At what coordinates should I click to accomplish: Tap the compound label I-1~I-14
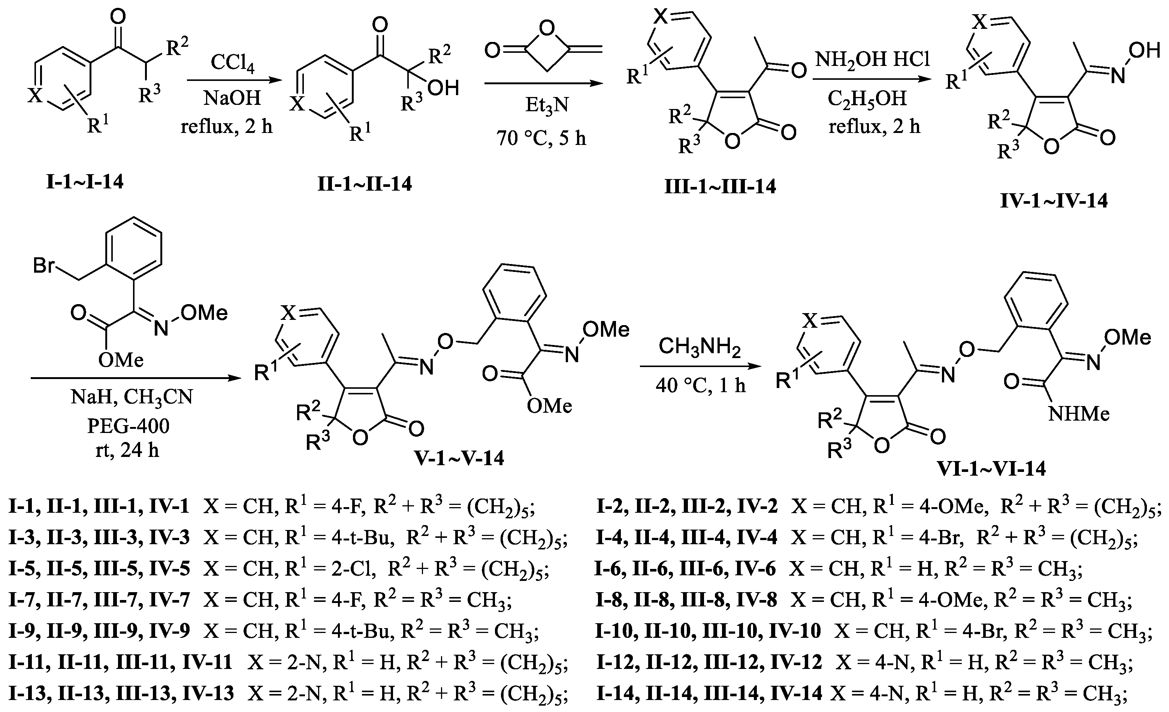(x=85, y=182)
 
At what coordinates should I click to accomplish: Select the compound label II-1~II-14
(x=364, y=184)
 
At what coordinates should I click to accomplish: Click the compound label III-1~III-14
(x=720, y=187)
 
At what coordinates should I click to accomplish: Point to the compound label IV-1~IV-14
(x=1054, y=201)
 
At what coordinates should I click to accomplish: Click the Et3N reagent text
(x=547, y=105)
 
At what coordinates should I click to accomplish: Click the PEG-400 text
(x=128, y=426)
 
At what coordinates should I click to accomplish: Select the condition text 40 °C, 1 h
(x=700, y=385)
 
